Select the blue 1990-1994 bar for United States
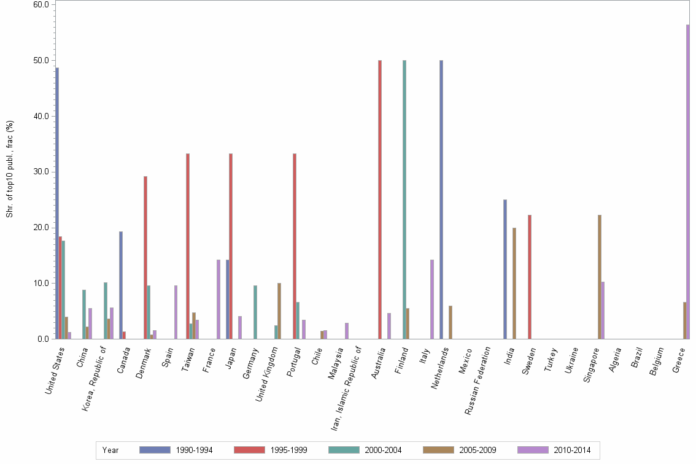tap(57, 203)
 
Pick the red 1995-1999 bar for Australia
tap(380, 199)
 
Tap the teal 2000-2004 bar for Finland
tap(404, 199)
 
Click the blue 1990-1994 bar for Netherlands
tap(441, 199)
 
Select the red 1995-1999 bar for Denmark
tap(145, 257)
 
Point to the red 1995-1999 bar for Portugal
tap(295, 246)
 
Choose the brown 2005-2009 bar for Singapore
tap(599, 277)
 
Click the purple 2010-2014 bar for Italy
tap(432, 299)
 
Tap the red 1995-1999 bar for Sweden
tap(529, 277)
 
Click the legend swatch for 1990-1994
tap(155, 450)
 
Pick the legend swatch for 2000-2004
tap(344, 450)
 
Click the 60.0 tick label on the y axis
tap(42, 4)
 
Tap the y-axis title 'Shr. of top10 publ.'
tap(10, 169)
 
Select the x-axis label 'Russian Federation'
tap(479, 381)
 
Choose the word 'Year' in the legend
tap(110, 450)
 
